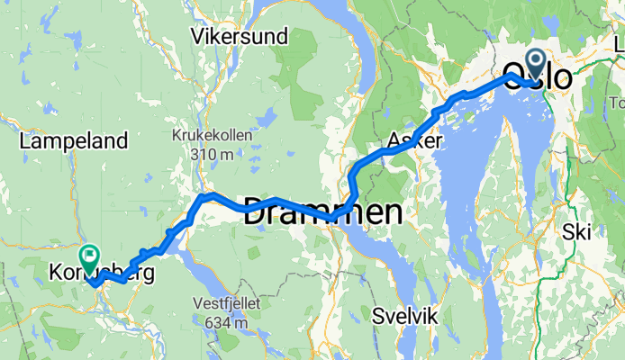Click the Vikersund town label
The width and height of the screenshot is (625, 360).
[240, 37]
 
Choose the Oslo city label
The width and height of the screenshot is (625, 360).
[537, 76]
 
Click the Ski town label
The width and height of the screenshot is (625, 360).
[576, 231]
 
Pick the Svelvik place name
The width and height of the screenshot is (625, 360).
[404, 316]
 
